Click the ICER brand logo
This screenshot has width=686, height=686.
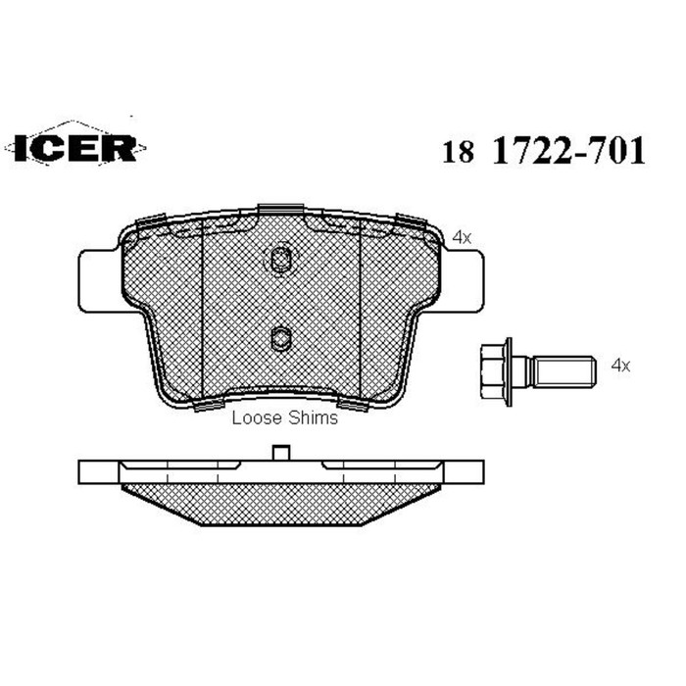[76, 148]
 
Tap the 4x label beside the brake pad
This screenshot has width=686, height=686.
[463, 237]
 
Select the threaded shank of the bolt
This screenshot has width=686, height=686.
[564, 370]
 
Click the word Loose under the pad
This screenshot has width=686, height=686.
[254, 418]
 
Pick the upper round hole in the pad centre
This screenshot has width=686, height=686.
[280, 260]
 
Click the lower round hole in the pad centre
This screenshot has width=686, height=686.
[280, 339]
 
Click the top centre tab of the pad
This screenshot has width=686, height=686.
[280, 210]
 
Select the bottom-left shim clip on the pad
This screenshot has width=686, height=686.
[210, 402]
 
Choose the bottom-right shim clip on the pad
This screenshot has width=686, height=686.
[351, 402]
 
